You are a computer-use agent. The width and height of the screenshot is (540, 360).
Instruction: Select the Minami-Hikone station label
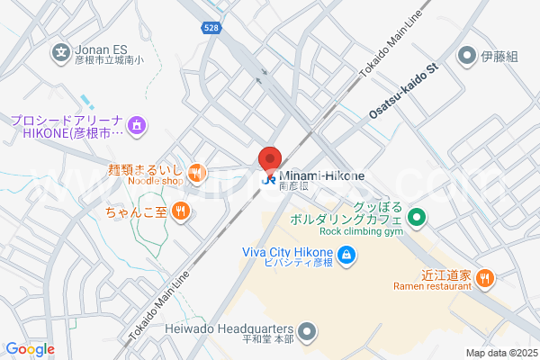321,175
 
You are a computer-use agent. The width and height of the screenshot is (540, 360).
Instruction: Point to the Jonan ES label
102,51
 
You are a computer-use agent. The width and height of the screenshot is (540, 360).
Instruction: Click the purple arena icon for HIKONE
136,123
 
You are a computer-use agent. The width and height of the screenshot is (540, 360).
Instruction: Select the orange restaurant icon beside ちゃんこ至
181,212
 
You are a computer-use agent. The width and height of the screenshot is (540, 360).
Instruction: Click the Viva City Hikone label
288,250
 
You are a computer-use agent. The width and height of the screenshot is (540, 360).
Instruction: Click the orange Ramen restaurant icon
485,278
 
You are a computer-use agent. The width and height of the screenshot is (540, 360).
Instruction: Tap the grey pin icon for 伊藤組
466,57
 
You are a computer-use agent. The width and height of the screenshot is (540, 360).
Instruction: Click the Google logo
30,349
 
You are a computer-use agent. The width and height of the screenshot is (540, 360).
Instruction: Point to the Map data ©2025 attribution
500,353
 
